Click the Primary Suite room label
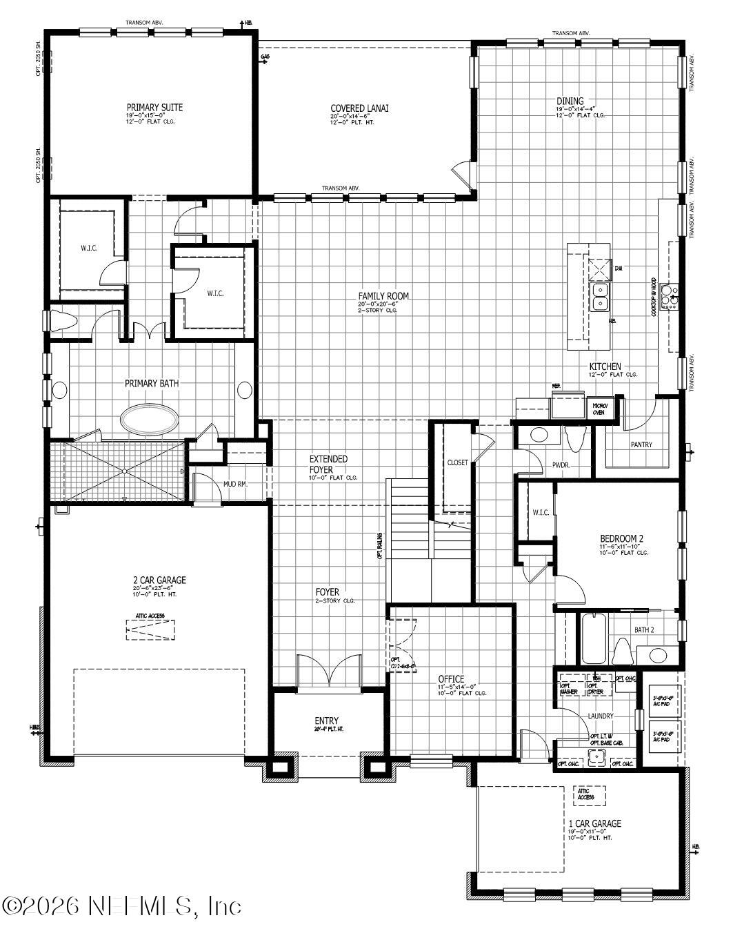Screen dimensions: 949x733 point(154,107)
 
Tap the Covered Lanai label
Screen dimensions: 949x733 point(359,108)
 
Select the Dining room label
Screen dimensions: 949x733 point(570,101)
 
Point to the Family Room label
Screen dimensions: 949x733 point(383,296)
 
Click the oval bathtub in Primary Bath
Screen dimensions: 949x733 point(150,418)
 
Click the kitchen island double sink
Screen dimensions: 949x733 point(600,296)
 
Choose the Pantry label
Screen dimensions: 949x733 point(641,444)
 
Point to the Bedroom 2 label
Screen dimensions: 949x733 point(621,538)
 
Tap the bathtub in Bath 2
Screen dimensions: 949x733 point(593,638)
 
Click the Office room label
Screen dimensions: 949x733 point(451,678)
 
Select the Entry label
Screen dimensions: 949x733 point(326,721)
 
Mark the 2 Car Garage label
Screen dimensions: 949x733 point(159,580)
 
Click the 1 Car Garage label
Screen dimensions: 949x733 point(594,823)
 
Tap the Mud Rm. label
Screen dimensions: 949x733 point(234,485)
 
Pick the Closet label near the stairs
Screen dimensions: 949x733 point(457,462)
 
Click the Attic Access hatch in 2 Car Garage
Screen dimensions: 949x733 point(150,629)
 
